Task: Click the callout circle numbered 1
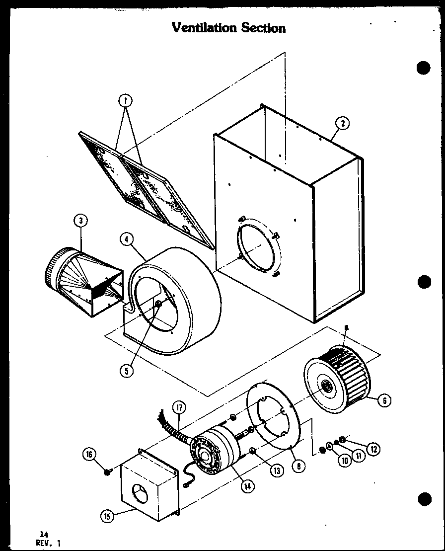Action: coord(126,100)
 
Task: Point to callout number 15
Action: coord(106,516)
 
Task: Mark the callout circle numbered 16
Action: coord(90,454)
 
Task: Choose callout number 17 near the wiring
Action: coord(179,409)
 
